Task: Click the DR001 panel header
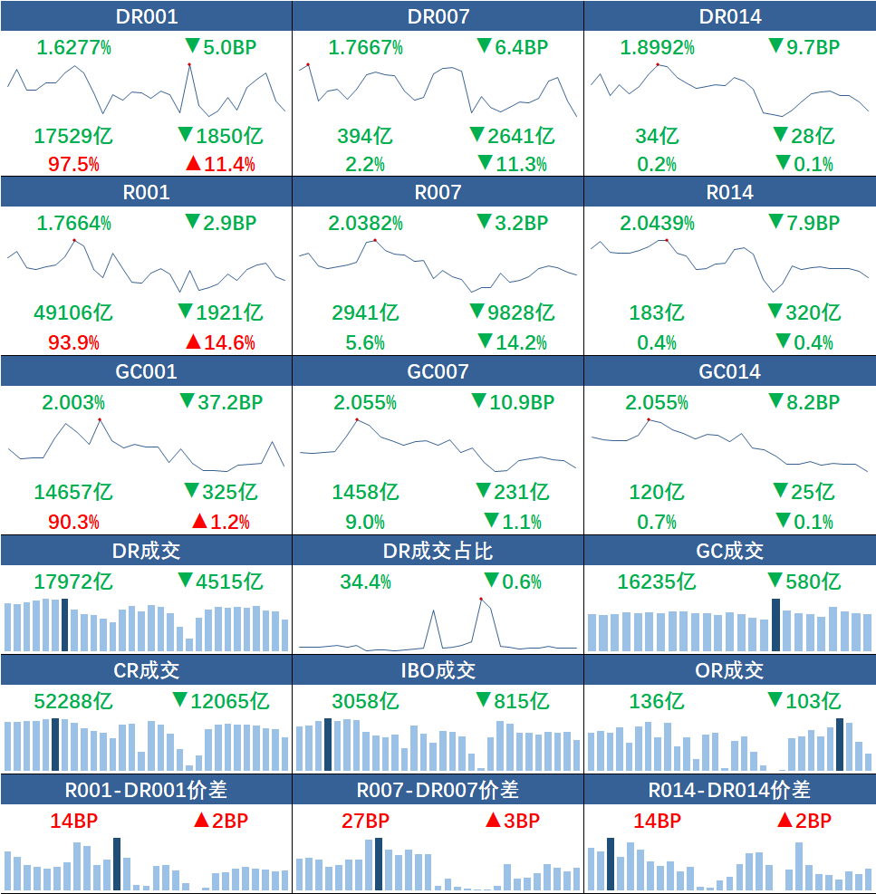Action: tap(146, 16)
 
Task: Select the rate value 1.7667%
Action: tap(365, 47)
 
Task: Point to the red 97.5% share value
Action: tap(73, 164)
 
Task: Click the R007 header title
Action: tap(438, 192)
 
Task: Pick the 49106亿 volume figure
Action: tap(73, 312)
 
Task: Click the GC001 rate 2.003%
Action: tap(73, 402)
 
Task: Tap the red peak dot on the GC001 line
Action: tap(100, 419)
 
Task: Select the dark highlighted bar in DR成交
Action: tap(64, 625)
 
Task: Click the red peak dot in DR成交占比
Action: tap(481, 599)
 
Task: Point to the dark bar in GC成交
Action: tap(775, 625)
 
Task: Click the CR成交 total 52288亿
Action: tap(73, 700)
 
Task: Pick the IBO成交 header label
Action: tap(438, 670)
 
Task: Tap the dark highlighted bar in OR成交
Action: tap(841, 745)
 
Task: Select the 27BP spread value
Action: tap(365, 821)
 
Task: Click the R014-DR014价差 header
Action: tap(729, 790)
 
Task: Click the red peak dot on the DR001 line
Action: tap(188, 64)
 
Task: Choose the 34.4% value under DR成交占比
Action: tap(365, 582)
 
